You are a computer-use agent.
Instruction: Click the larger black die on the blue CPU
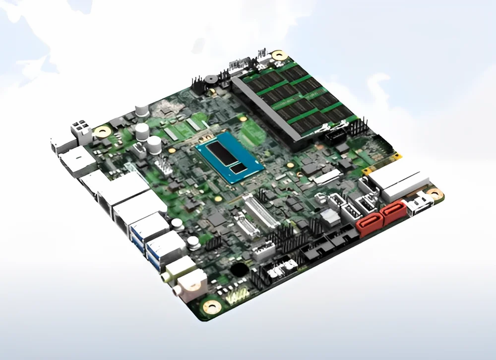tap(222, 153)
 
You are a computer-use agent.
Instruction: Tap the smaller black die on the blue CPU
tap(239, 168)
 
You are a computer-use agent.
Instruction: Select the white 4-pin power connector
tap(81, 131)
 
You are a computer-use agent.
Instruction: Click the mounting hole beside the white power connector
tap(103, 131)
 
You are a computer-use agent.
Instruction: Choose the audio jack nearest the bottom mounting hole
tap(191, 284)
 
